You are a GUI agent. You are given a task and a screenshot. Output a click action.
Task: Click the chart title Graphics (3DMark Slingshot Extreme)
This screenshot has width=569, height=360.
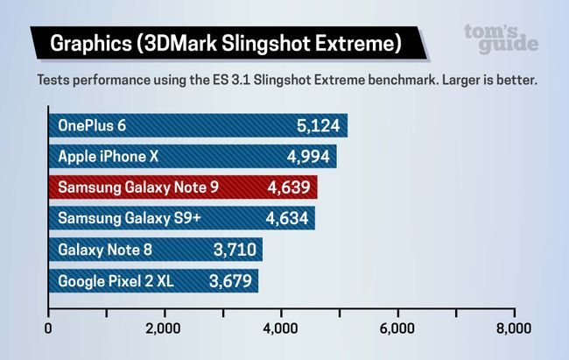[226, 42]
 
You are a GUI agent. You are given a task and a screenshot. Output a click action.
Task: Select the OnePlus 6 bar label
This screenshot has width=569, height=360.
[92, 126]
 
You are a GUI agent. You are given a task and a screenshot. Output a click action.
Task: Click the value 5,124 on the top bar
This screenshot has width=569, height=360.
[319, 126]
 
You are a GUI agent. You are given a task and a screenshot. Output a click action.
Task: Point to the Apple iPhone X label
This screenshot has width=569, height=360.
[108, 158]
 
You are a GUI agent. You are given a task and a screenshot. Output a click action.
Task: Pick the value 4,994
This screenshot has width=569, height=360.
[308, 158]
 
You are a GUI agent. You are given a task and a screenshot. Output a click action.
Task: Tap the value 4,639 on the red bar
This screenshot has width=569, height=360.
[288, 188]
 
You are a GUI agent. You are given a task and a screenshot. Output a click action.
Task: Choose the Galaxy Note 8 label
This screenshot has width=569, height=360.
[105, 251]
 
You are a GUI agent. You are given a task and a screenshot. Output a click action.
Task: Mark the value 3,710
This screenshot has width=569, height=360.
[235, 251]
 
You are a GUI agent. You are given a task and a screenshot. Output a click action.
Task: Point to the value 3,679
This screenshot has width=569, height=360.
[231, 281]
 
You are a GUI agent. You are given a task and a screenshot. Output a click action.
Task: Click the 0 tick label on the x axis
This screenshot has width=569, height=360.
[47, 330]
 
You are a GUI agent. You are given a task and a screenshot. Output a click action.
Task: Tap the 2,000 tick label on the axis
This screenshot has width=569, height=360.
[164, 330]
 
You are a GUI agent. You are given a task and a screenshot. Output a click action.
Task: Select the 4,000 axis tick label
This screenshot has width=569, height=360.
[281, 330]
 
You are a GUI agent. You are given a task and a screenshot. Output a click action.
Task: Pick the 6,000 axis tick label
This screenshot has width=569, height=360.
[397, 330]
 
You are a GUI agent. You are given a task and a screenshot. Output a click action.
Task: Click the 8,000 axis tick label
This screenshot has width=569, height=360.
[514, 330]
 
